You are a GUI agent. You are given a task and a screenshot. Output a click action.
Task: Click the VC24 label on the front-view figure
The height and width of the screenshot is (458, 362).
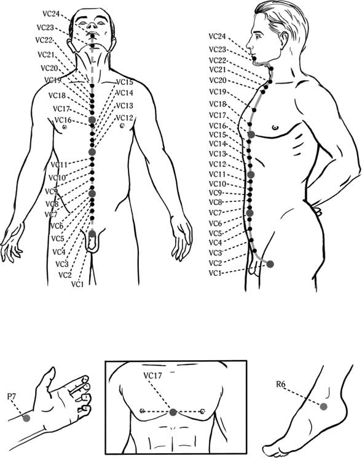51,14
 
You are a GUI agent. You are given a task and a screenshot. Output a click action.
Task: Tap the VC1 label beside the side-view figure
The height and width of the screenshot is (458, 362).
215,273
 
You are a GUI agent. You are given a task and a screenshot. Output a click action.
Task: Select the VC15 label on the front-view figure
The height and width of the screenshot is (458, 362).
125,82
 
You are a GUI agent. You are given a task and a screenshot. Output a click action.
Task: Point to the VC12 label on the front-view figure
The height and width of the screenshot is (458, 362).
125,118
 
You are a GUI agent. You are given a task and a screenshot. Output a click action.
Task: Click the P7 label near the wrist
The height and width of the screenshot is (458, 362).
12,396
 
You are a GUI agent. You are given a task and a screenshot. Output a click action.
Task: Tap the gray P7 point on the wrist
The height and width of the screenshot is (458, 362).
26,418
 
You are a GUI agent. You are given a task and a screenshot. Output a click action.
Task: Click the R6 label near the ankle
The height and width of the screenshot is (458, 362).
281,384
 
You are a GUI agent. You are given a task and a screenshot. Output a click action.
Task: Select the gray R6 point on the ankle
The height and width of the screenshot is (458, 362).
323,406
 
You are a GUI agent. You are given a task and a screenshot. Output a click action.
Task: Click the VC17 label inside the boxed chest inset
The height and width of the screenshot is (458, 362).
152,376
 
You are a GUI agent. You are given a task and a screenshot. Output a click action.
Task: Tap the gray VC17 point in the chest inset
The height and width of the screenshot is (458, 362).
173,412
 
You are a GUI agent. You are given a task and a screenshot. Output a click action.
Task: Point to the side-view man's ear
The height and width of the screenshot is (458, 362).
283,39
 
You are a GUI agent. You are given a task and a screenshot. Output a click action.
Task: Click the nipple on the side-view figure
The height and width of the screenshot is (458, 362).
275,127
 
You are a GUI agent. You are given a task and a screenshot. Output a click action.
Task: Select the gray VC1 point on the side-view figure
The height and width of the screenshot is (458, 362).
270,264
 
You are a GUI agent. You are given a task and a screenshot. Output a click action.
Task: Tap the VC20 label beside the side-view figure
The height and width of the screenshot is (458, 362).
218,80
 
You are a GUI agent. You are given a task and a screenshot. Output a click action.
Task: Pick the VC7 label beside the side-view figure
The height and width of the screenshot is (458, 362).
215,213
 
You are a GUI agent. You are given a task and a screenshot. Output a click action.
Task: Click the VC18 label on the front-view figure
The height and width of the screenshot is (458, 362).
57,95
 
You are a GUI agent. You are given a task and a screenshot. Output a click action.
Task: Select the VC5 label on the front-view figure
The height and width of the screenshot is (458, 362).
57,239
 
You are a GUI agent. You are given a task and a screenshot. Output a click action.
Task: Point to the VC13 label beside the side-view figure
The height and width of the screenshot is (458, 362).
218,154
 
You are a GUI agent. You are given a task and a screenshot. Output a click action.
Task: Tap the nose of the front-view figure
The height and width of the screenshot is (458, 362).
92,26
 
